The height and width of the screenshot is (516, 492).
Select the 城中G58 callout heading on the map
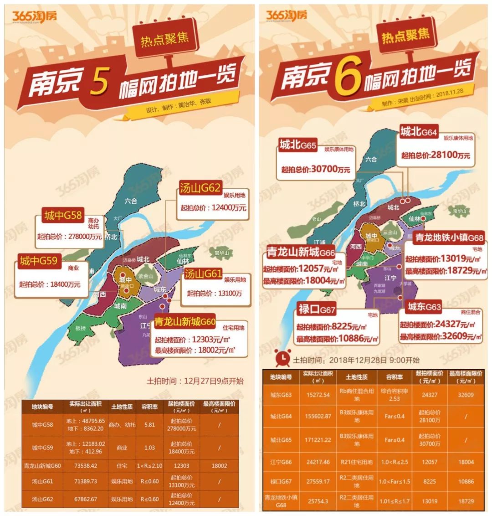(63, 215)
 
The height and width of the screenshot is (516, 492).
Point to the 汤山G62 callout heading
(200, 188)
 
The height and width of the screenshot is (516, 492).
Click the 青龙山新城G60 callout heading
(184, 322)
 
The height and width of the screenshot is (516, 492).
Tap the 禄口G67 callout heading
(317, 310)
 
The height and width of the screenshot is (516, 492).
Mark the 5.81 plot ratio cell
(149, 424)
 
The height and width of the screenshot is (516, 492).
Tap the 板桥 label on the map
(80, 328)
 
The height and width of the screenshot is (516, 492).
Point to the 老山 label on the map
(317, 219)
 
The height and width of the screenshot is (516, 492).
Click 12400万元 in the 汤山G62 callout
(229, 207)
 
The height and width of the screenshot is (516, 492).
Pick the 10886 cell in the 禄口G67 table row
(466, 481)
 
